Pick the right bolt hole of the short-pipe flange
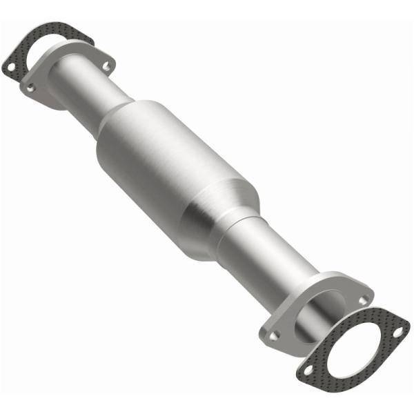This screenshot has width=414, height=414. tap(106, 66)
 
